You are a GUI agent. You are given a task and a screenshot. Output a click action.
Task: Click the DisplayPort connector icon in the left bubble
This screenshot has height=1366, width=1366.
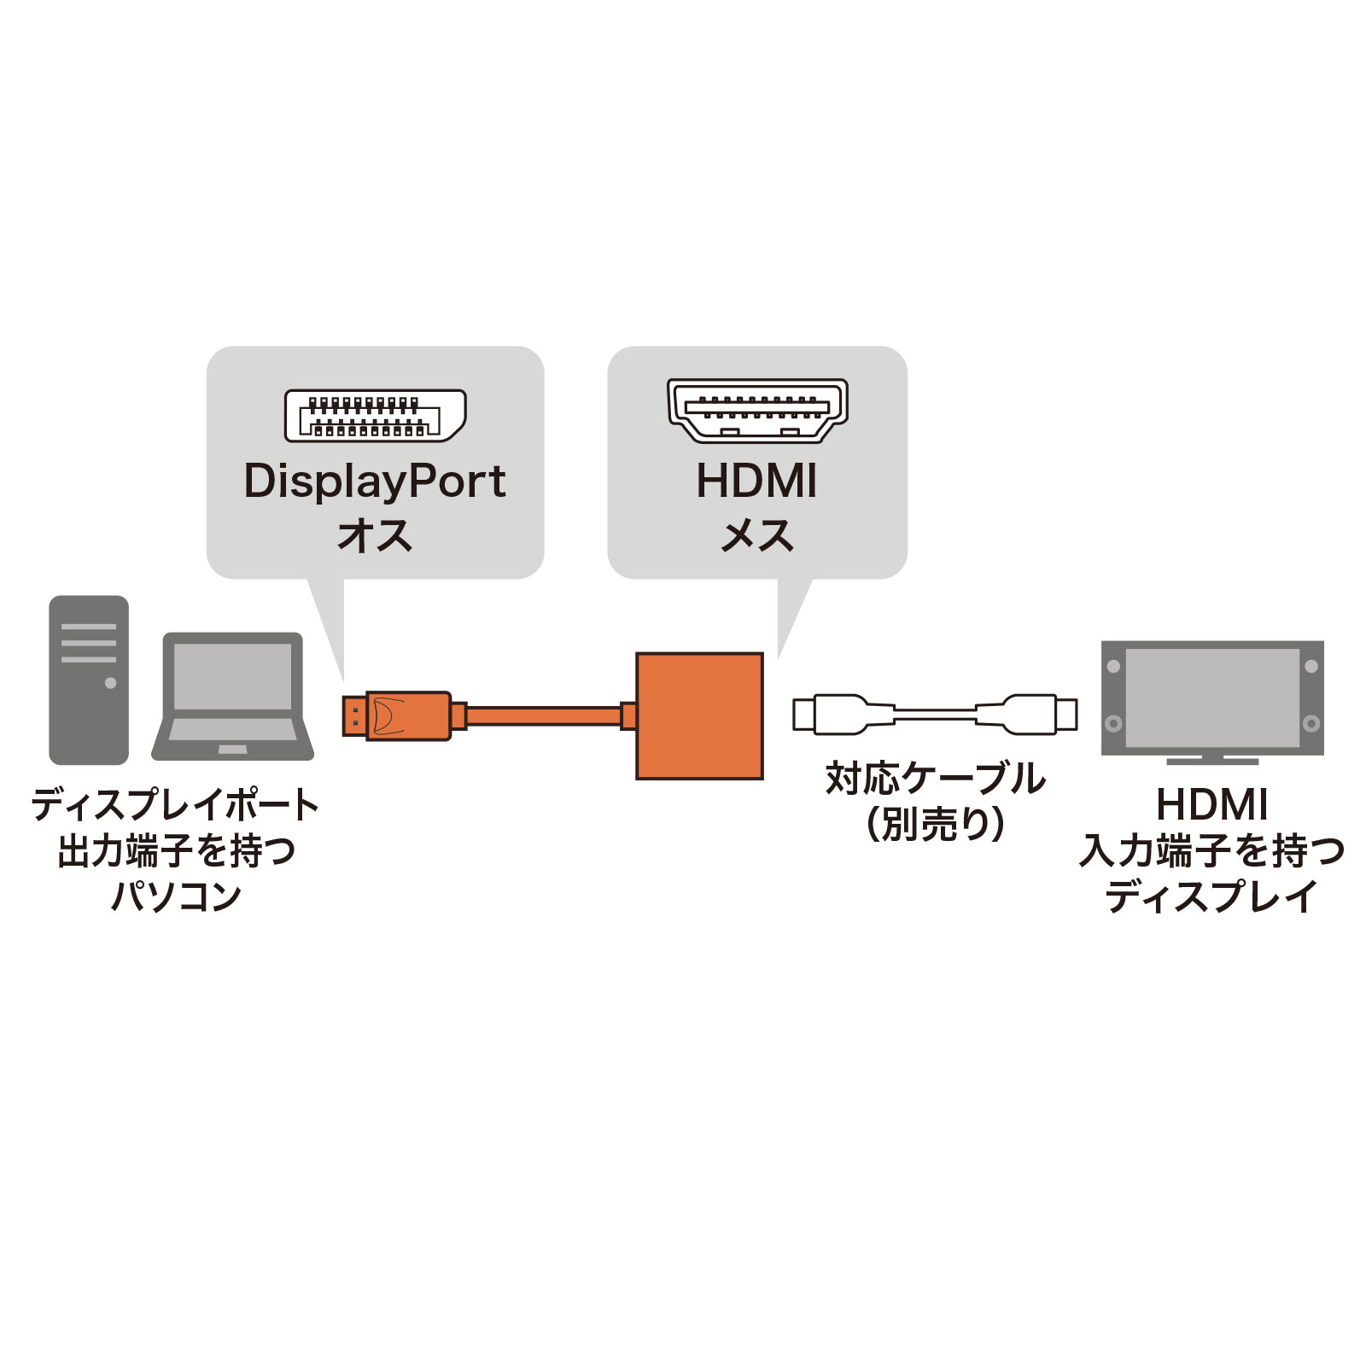point(375,415)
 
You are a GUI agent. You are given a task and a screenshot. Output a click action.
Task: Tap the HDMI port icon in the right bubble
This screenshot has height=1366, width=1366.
point(757,411)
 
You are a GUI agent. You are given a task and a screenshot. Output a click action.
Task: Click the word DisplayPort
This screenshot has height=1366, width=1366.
point(375,482)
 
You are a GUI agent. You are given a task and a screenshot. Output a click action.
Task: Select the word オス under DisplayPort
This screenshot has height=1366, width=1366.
point(375,536)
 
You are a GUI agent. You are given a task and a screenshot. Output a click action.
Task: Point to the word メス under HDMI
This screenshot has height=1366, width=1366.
point(757,536)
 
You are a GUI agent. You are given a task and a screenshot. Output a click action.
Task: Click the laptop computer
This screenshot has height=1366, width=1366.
point(233,697)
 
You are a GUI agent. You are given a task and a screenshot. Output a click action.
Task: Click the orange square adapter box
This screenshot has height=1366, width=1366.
point(699,715)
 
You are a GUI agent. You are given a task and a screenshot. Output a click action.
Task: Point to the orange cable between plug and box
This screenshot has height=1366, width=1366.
point(543,715)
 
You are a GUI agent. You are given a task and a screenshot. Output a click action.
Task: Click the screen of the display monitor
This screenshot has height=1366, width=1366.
point(1212,698)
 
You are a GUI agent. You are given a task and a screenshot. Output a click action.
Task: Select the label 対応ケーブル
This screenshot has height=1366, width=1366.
point(936,779)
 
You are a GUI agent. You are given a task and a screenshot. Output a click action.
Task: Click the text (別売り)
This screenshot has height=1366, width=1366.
point(936,825)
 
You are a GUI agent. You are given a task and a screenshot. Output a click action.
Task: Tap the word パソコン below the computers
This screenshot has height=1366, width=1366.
point(177,896)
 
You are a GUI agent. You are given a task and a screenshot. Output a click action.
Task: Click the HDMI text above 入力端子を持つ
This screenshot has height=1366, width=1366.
point(1212,804)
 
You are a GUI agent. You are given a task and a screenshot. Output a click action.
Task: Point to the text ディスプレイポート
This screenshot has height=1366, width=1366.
point(177,804)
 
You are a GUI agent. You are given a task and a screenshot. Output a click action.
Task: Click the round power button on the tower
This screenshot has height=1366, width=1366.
point(110,683)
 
